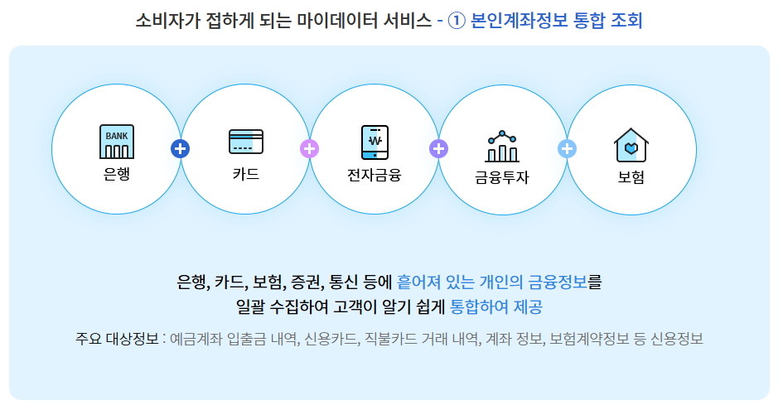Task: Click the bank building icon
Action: [x=117, y=142]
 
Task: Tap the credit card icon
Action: [x=246, y=142]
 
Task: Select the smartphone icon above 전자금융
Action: [x=375, y=142]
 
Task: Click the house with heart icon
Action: [x=631, y=145]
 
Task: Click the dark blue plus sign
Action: [x=181, y=149]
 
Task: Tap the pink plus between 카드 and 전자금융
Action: [x=309, y=149]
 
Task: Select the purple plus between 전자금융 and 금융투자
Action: [x=438, y=149]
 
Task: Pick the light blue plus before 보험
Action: [x=568, y=149]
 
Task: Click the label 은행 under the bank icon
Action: [x=117, y=175]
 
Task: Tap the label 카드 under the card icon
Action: [x=246, y=175]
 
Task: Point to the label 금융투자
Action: [x=502, y=177]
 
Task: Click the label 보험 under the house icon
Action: [x=631, y=177]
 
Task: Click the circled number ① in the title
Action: [x=457, y=21]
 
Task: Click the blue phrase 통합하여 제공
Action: [x=496, y=307]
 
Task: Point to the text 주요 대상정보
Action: [x=117, y=340]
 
